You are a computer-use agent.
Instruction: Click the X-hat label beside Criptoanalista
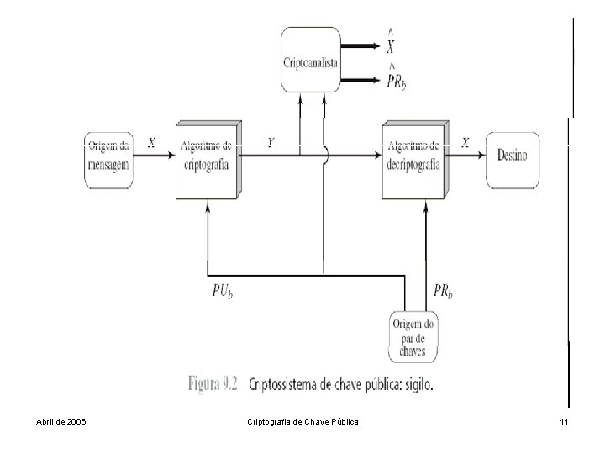[x=392, y=40]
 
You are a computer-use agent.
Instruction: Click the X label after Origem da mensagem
[x=151, y=143]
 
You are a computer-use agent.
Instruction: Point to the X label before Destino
[x=465, y=143]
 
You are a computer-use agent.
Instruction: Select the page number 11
[x=564, y=420]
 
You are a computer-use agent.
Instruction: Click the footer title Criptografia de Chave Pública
[x=303, y=420]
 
